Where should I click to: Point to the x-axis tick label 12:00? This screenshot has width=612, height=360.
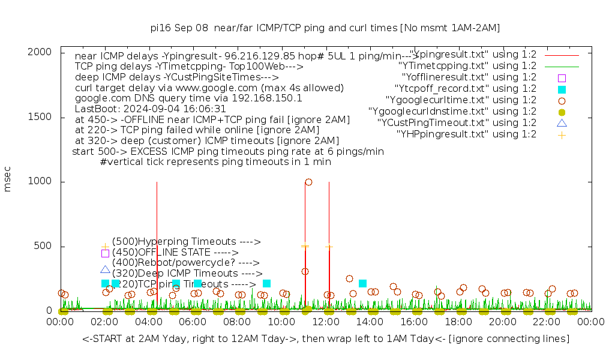[x=326, y=322]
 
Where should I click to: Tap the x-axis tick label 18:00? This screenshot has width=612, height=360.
[x=458, y=322]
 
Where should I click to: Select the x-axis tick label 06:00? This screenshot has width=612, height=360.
[x=193, y=322]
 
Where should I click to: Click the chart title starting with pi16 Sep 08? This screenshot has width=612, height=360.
[x=325, y=28]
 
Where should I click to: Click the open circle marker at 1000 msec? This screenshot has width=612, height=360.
[x=308, y=182]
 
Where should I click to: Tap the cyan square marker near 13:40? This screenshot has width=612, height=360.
[x=362, y=283]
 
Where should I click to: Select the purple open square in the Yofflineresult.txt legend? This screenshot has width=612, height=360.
[x=562, y=77]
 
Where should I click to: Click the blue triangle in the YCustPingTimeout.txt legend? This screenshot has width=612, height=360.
[x=562, y=123]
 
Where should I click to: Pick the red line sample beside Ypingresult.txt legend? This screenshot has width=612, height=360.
[x=562, y=55]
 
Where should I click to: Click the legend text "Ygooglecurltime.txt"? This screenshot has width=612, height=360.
[x=461, y=100]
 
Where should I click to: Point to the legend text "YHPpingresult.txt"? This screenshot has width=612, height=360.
[x=467, y=134]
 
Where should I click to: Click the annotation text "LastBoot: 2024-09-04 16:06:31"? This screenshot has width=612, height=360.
[x=151, y=109]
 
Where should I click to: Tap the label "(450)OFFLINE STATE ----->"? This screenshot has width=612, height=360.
[x=175, y=253]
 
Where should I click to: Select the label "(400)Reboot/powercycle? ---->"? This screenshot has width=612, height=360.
[x=185, y=263]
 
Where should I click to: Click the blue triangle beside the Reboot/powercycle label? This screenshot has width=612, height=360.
[x=105, y=270]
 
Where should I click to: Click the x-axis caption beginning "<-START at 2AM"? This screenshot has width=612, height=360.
[x=326, y=339]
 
